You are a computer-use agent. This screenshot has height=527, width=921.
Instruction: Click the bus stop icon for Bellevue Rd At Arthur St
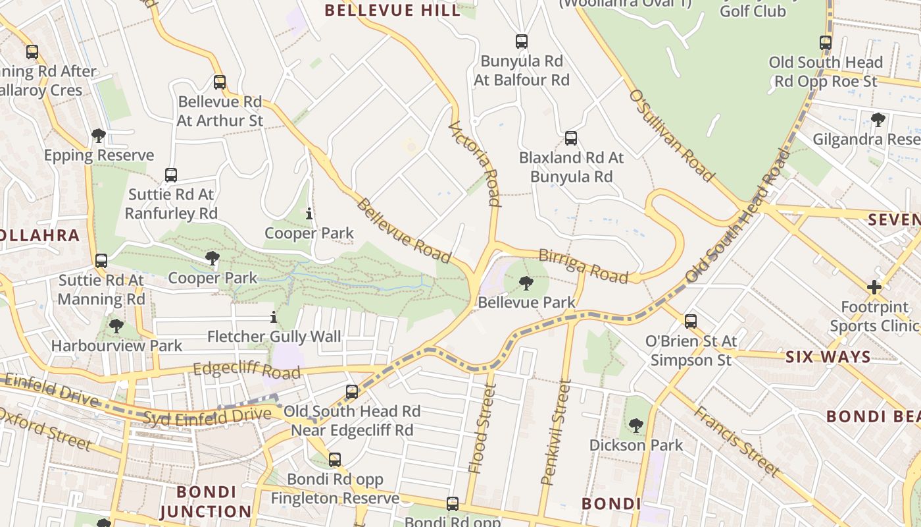[x=220, y=82]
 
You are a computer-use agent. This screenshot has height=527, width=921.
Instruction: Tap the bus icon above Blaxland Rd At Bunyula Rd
[x=571, y=138]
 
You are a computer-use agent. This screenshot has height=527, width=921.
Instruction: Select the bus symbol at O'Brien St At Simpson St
[x=691, y=321]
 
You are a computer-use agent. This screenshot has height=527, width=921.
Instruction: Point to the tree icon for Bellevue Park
[x=526, y=283]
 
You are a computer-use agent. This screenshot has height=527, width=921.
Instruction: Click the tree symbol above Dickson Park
[x=635, y=426]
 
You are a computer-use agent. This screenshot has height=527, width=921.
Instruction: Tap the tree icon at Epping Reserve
[x=99, y=136]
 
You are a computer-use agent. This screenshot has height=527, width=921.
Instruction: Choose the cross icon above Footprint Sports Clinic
[x=874, y=287]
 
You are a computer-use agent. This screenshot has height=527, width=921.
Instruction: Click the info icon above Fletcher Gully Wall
[x=274, y=318]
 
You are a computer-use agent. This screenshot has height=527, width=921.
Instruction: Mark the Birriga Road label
[x=583, y=265]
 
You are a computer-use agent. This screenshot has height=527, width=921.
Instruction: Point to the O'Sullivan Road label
[x=671, y=135]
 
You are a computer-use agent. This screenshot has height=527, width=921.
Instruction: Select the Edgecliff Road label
[x=247, y=369]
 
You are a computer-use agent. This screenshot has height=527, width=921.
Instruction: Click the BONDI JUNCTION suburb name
[x=206, y=502]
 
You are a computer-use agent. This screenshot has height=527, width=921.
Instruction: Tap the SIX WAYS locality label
[x=828, y=358]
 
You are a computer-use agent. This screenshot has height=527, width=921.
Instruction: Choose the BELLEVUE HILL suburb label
[x=393, y=11]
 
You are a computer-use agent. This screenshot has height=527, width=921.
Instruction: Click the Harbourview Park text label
[x=116, y=345]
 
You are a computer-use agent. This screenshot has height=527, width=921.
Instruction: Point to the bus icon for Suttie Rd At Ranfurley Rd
[x=171, y=175]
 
